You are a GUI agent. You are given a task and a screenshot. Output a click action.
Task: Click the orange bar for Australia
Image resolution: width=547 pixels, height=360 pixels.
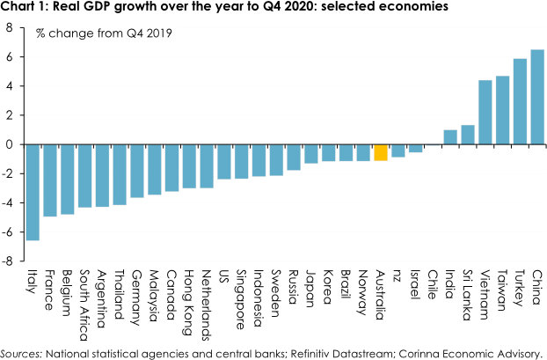[381, 152]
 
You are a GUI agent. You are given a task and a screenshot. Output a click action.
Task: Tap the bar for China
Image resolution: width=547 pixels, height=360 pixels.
[537, 97]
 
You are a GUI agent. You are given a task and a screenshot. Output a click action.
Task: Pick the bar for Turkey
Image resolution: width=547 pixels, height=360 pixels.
[520, 101]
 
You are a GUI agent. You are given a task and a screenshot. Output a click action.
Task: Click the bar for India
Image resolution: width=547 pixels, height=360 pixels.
[449, 137]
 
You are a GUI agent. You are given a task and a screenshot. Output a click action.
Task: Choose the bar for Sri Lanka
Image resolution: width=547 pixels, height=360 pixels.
[467, 135]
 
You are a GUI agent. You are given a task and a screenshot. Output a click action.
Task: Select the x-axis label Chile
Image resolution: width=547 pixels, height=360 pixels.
[432, 286]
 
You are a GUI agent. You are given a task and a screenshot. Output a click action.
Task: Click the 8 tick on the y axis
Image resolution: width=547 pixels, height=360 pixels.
[10, 27]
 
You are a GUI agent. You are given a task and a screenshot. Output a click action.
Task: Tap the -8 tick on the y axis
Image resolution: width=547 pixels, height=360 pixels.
[8, 261]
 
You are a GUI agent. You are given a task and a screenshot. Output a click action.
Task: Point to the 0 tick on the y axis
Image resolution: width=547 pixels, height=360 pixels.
[10, 144]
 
